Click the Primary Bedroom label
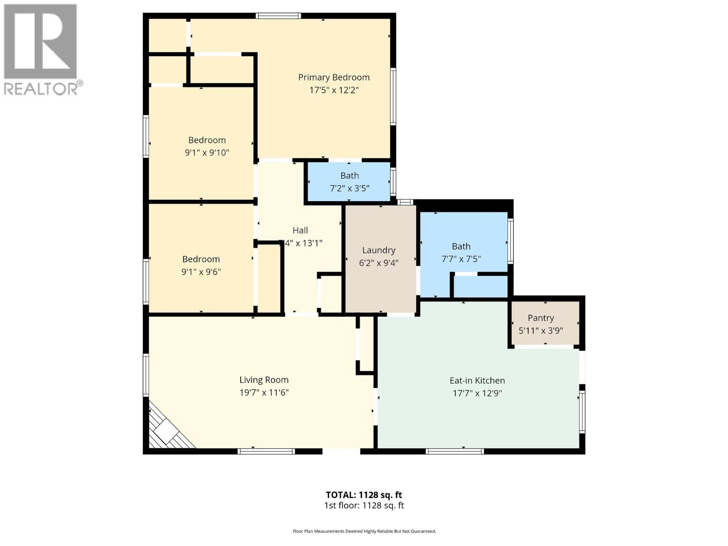coord(334,77)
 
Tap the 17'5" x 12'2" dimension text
coord(334,90)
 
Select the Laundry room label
coord(379,250)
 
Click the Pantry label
coord(541,318)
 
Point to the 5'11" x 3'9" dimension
coord(541,331)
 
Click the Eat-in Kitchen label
coord(477,380)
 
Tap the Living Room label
coord(264,380)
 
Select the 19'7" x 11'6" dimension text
coord(264,393)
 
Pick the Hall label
coord(300,231)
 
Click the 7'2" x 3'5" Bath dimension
coord(349,188)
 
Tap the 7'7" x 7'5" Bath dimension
coord(461,259)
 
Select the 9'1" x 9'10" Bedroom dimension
coord(207,153)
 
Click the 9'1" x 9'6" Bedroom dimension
coord(201,272)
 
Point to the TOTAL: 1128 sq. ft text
coord(364,495)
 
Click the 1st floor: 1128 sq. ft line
coord(364,506)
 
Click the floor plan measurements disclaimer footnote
coord(364,531)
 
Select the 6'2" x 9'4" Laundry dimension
coord(379,263)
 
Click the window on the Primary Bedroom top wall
coord(278,16)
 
